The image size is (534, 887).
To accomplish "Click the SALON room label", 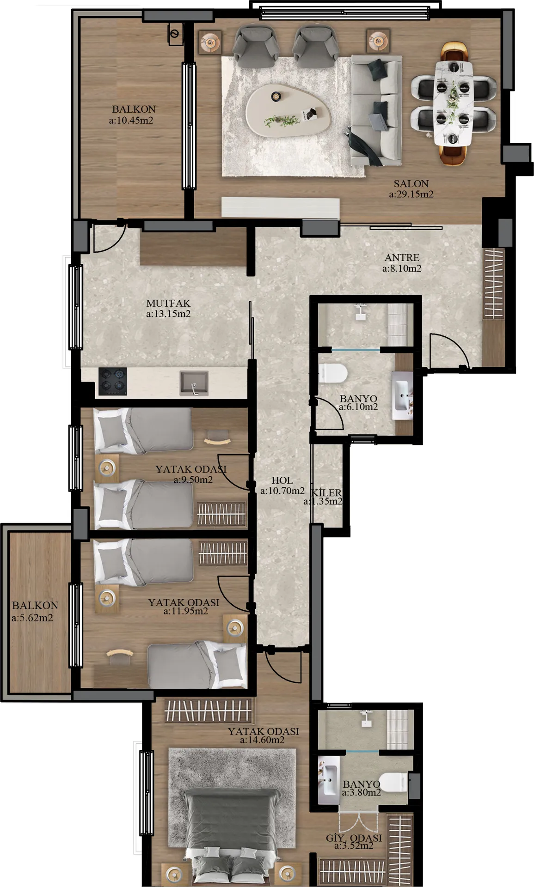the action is (x=411, y=183).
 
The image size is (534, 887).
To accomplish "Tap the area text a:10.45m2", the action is (x=131, y=121).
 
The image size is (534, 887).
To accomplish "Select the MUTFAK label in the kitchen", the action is (x=168, y=303).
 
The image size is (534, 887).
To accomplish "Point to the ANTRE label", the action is (x=402, y=257).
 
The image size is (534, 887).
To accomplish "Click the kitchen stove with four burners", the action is (x=112, y=381).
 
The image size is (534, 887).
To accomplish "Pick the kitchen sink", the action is (x=194, y=383).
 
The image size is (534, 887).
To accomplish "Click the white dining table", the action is (x=454, y=103).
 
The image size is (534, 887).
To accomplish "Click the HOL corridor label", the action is (x=282, y=480).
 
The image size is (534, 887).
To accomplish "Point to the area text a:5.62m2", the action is (x=32, y=618).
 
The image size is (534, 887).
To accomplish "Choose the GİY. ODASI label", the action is (x=354, y=838).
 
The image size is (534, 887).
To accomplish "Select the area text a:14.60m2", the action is (x=262, y=740).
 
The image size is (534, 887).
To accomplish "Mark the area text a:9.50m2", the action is (x=193, y=480).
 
